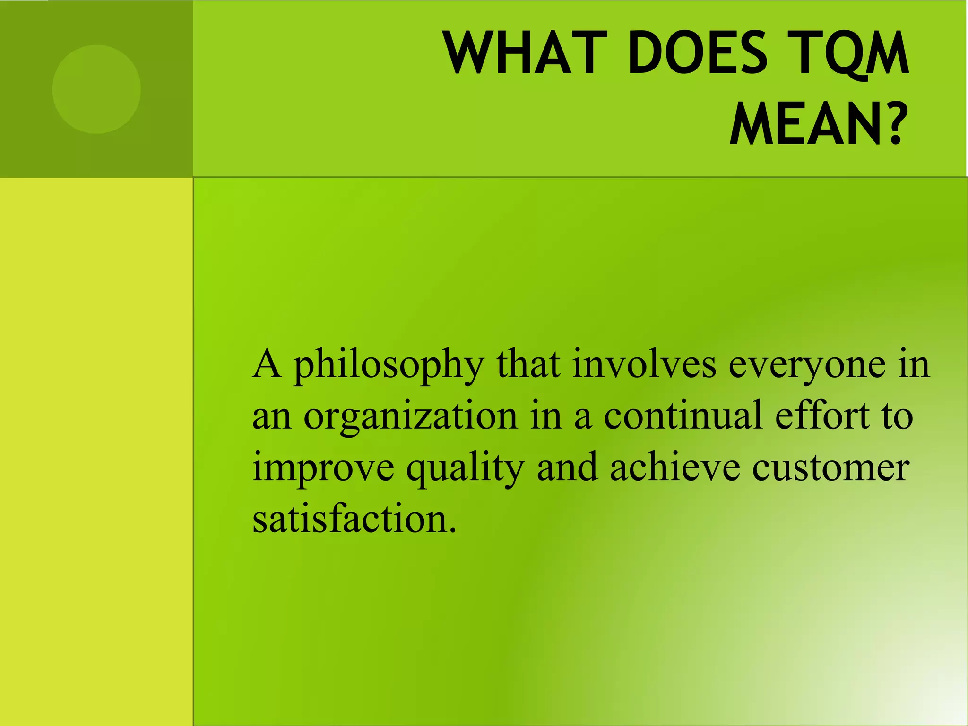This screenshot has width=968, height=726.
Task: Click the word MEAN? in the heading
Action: [819, 124]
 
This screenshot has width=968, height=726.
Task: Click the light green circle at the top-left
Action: [96, 89]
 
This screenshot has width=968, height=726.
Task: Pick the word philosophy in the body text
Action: [389, 367]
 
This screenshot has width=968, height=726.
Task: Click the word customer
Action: [830, 468]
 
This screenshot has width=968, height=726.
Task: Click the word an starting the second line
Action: [271, 417]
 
